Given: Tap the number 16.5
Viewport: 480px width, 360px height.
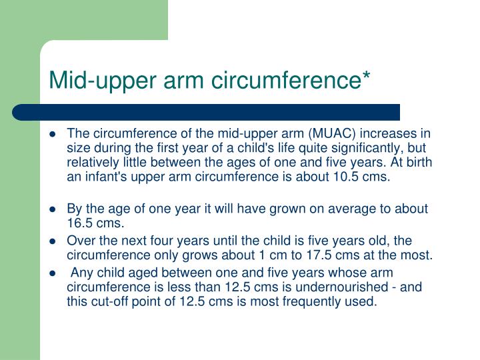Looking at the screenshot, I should click(79, 222).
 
